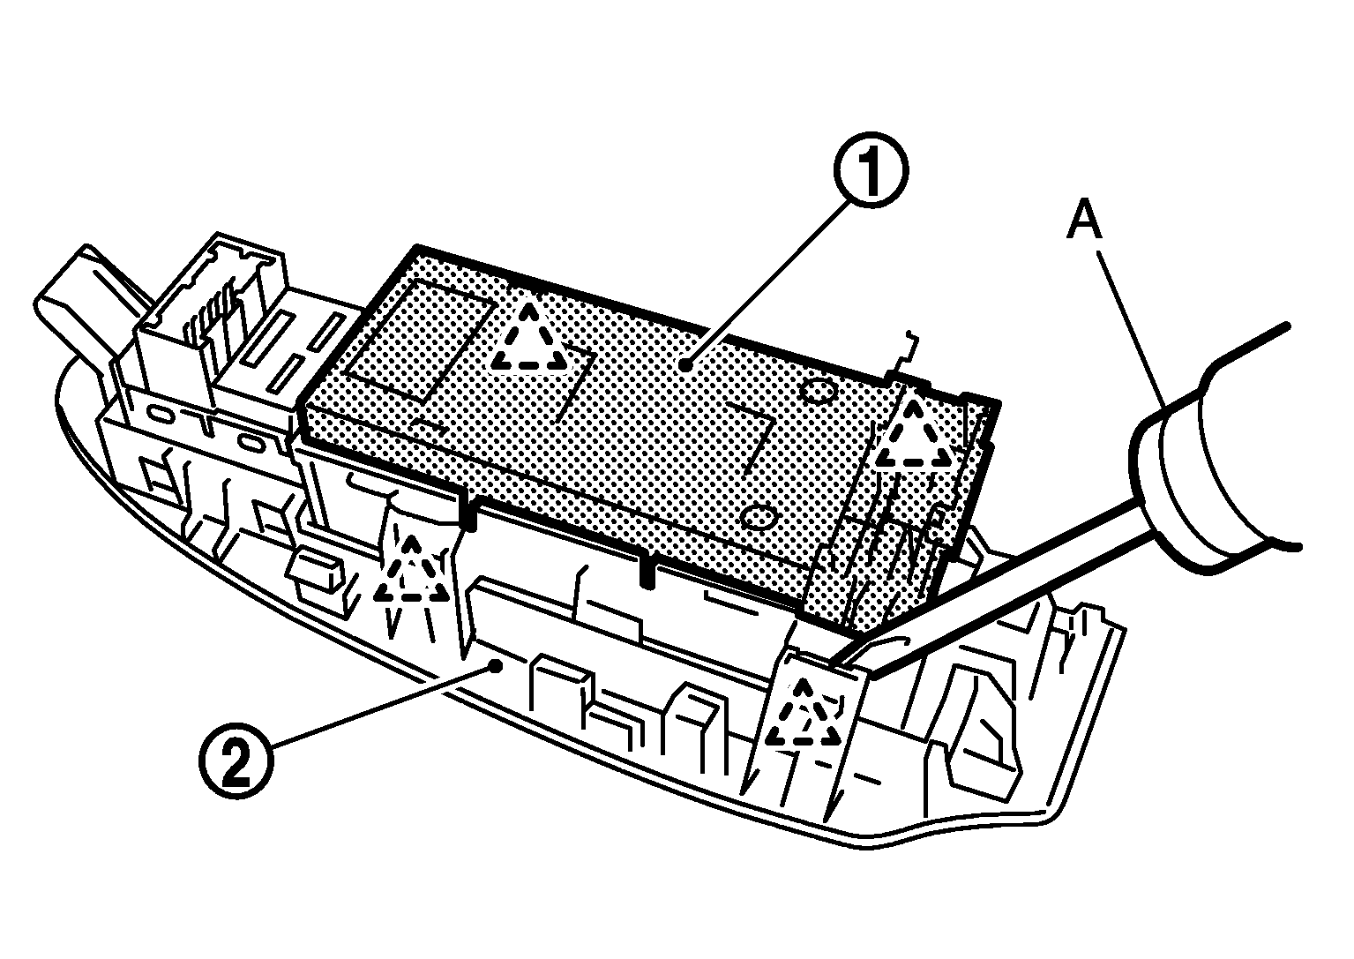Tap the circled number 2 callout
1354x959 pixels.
236,762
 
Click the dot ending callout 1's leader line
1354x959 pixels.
684,364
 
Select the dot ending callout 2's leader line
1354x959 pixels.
496,666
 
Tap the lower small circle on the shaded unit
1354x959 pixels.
759,516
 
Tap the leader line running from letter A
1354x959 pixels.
1129,327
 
